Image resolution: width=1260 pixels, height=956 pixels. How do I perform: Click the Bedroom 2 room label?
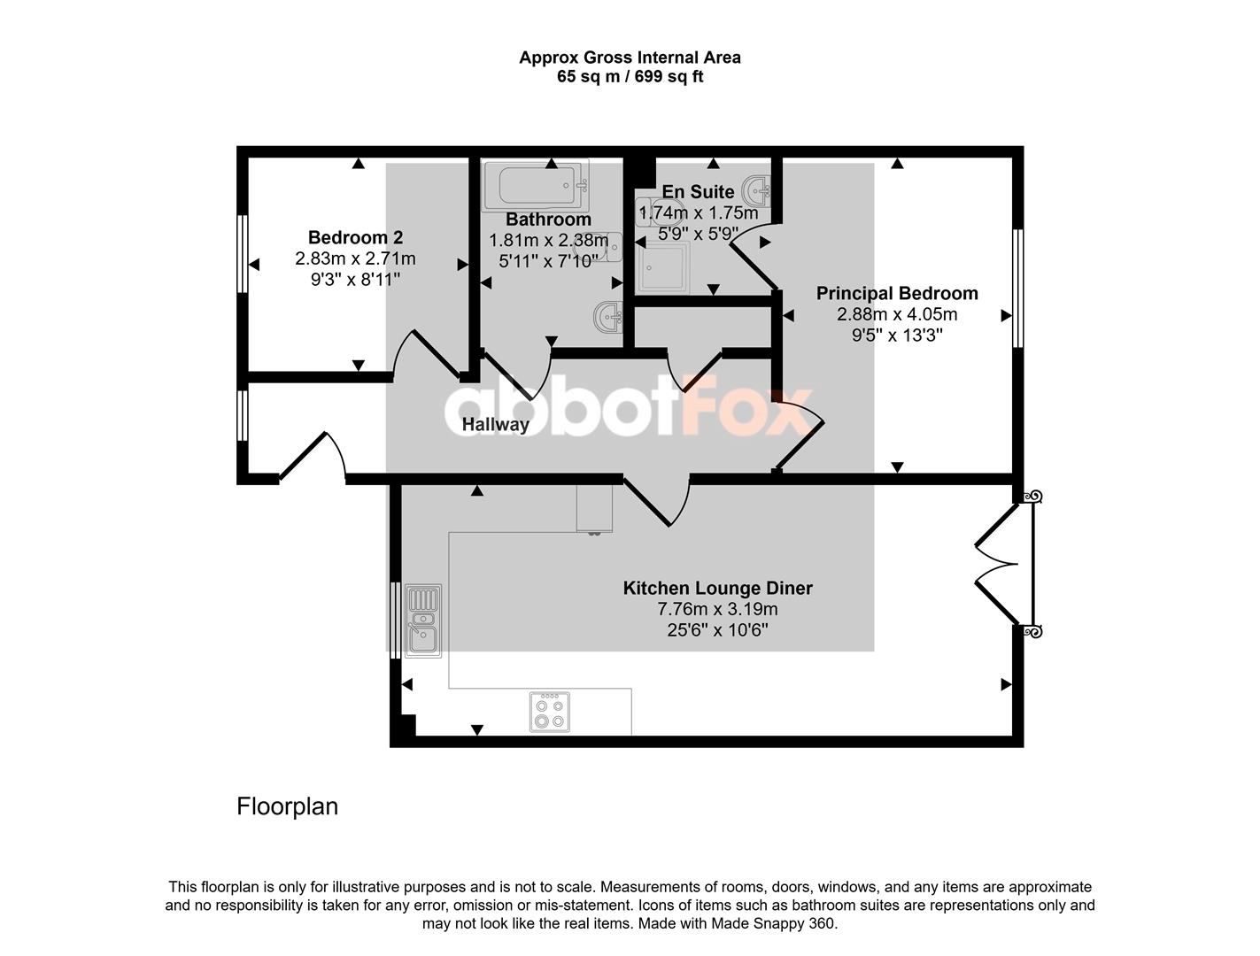(x=355, y=237)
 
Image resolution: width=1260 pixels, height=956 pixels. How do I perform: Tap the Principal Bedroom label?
(x=897, y=293)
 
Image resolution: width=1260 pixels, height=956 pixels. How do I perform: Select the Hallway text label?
(x=495, y=425)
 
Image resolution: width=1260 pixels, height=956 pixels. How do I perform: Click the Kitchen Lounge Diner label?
(x=717, y=588)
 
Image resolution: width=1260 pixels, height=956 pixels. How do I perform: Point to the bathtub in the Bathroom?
(x=536, y=186)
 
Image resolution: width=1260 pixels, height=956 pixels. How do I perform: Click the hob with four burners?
(x=549, y=712)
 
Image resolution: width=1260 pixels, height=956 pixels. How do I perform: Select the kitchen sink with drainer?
(x=423, y=621)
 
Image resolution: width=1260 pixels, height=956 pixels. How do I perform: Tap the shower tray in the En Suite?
(x=663, y=266)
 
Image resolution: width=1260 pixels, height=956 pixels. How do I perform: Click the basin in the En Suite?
(x=756, y=190)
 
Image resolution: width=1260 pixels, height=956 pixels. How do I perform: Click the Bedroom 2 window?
(x=243, y=254)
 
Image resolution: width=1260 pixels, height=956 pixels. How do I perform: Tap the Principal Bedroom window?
(x=1017, y=289)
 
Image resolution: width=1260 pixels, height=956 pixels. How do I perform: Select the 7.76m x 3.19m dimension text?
(x=717, y=609)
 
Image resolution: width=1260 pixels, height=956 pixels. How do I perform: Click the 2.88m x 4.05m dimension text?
(x=897, y=314)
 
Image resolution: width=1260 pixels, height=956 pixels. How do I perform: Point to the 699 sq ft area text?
(x=669, y=77)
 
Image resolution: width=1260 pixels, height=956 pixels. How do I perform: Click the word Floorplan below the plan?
(x=288, y=806)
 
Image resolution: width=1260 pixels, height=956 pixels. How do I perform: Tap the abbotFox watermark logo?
(x=629, y=405)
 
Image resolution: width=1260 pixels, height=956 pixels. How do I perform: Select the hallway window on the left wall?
(x=243, y=416)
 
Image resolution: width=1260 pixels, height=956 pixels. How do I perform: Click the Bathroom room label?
(x=548, y=220)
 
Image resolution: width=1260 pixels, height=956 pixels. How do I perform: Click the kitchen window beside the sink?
(x=395, y=621)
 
